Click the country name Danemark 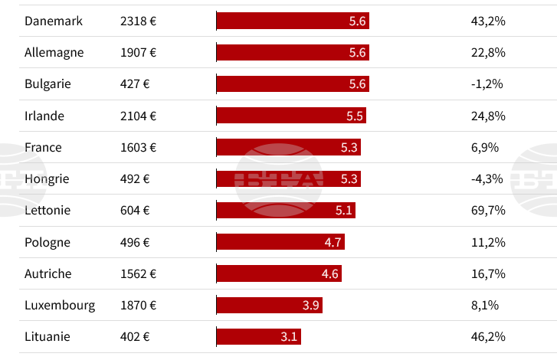(53, 21)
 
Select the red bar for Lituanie (259, 336)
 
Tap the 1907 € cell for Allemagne (138, 53)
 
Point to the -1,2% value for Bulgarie (487, 84)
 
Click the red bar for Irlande (291, 116)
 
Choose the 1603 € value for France (138, 147)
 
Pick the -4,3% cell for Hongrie (487, 178)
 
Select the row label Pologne (47, 242)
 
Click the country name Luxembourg (60, 305)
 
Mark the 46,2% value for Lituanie (488, 336)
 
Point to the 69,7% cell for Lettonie (488, 211)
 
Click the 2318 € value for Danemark (138, 21)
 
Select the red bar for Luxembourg (269, 305)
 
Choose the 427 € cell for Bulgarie (135, 84)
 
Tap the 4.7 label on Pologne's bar (333, 242)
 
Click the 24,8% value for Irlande (488, 116)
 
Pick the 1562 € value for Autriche (138, 273)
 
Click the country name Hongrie (47, 178)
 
